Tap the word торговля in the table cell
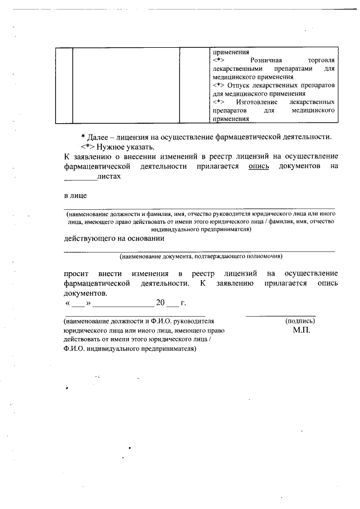click(x=321, y=60)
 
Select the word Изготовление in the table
click(x=258, y=102)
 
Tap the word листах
click(x=109, y=176)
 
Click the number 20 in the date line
click(x=160, y=304)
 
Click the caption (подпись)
click(x=300, y=321)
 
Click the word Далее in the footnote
click(x=100, y=137)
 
